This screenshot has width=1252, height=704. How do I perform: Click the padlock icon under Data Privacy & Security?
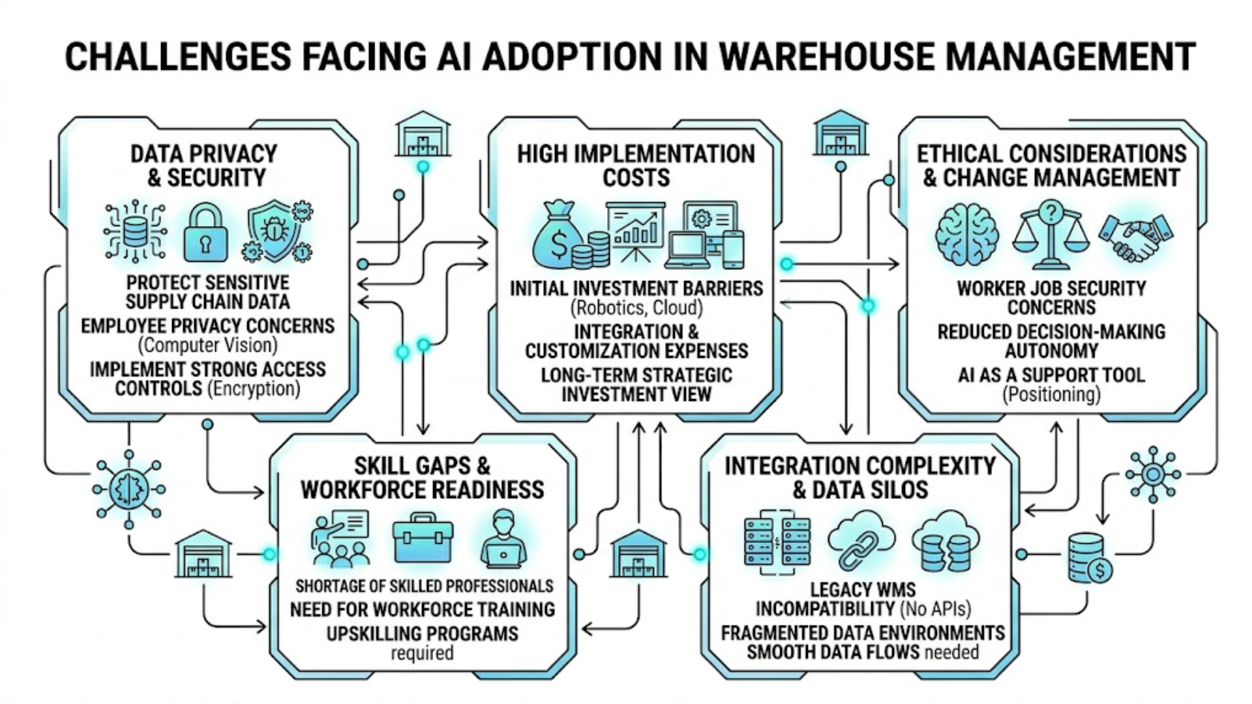click(x=205, y=233)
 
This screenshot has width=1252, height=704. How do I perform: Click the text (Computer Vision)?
click(x=207, y=344)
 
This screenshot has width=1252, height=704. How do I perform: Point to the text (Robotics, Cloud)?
click(x=636, y=307)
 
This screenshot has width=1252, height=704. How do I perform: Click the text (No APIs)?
click(x=935, y=609)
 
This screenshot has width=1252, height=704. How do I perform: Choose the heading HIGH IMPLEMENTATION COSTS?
click(x=636, y=166)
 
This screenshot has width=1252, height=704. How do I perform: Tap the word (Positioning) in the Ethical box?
click(x=1051, y=394)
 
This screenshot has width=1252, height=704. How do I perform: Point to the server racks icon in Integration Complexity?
click(x=777, y=541)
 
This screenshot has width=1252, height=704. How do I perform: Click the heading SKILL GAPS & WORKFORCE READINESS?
click(x=423, y=478)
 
